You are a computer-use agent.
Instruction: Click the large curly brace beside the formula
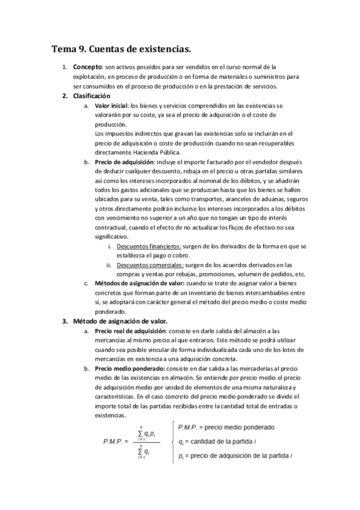[x=173, y=442]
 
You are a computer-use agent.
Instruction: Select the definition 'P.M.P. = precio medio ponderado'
[x=227, y=428]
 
